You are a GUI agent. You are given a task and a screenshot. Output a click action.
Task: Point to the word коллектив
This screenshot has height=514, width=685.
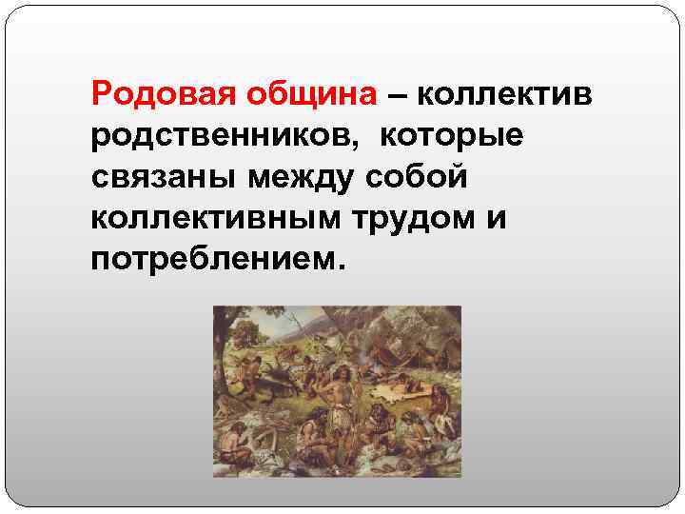(x=505, y=95)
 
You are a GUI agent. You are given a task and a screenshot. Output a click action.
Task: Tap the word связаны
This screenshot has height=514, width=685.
(x=162, y=177)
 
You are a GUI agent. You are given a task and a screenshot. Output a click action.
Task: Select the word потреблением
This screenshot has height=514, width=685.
(x=215, y=259)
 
